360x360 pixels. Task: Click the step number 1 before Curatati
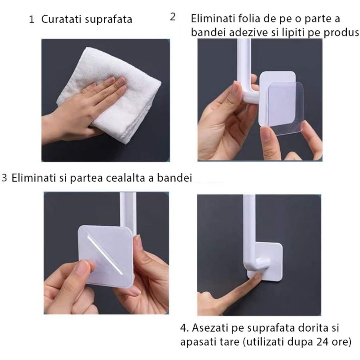(32, 20)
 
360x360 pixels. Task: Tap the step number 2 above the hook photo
(173, 17)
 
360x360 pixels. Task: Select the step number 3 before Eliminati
(5, 178)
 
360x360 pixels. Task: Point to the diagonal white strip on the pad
(105, 254)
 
